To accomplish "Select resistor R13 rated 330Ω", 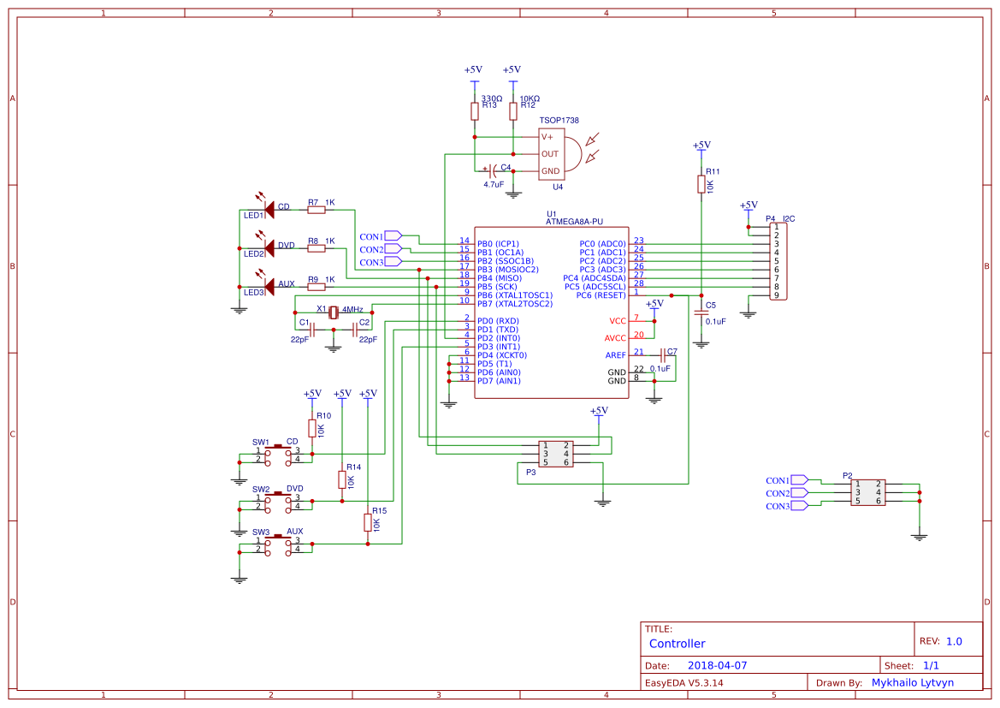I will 474,111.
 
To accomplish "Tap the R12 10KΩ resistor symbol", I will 512,111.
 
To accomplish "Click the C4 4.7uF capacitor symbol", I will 493,170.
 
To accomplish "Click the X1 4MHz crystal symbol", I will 334,312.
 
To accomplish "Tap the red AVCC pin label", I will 615,338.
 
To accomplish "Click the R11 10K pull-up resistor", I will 701,184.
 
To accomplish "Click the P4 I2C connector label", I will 780,219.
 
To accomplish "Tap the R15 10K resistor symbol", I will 368,521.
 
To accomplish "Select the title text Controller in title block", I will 677,644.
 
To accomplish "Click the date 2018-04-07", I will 717,665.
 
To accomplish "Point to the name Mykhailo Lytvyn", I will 912,682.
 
